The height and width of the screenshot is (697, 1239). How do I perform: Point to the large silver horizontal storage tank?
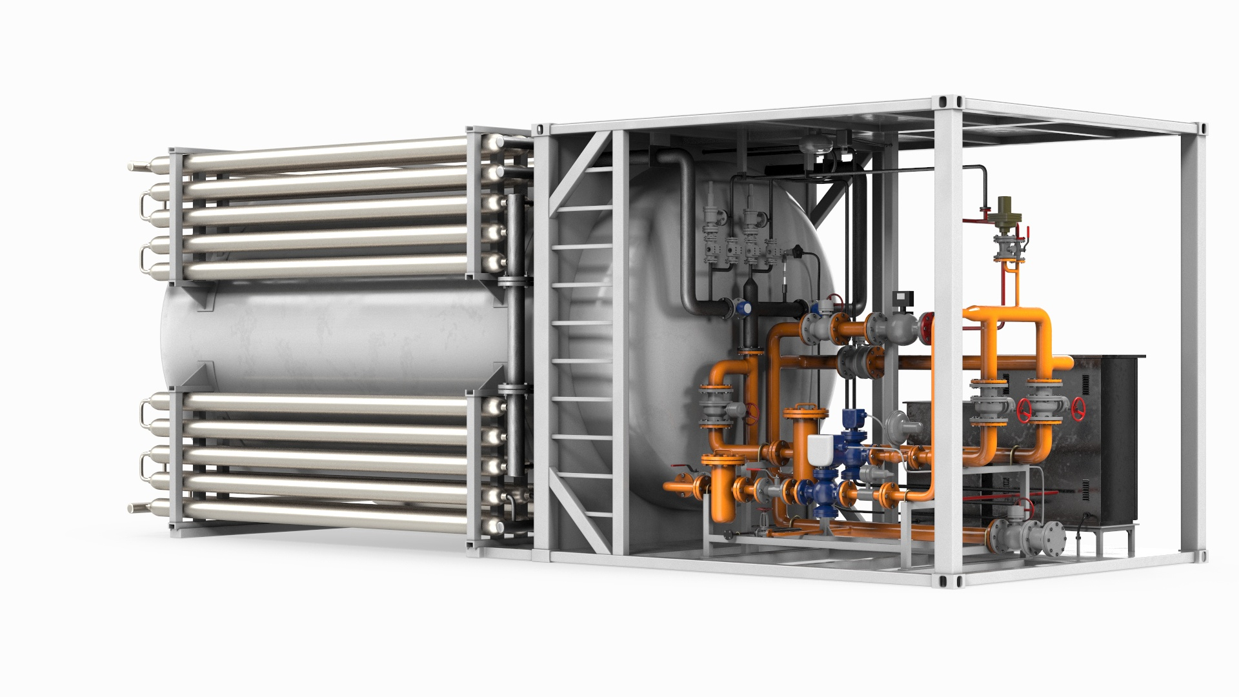click(x=336, y=336)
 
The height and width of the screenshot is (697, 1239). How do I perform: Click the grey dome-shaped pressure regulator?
click(x=898, y=423)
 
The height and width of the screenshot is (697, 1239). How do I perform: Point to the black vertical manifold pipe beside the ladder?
click(x=514, y=336)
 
